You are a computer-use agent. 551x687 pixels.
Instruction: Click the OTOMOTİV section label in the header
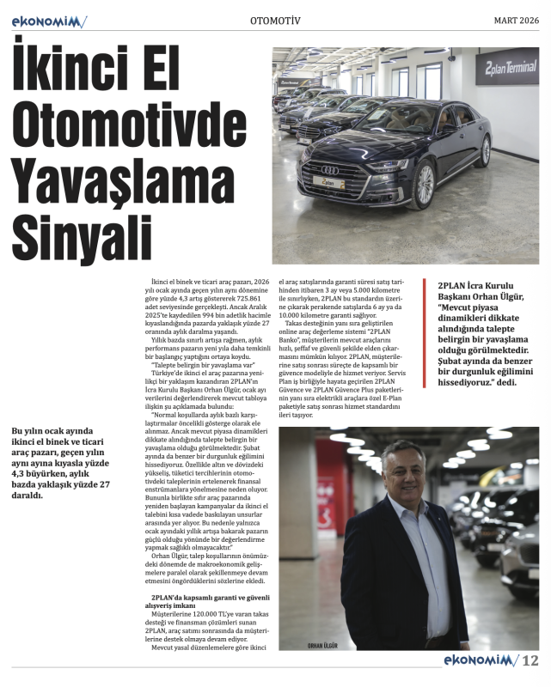pos(275,21)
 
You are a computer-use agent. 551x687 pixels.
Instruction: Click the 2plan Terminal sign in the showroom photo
pos(507,66)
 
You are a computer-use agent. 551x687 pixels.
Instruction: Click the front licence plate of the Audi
pos(328,183)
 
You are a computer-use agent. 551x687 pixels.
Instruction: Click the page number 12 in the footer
pos(530,660)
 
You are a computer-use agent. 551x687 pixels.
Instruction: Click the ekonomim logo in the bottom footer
pos(477,660)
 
